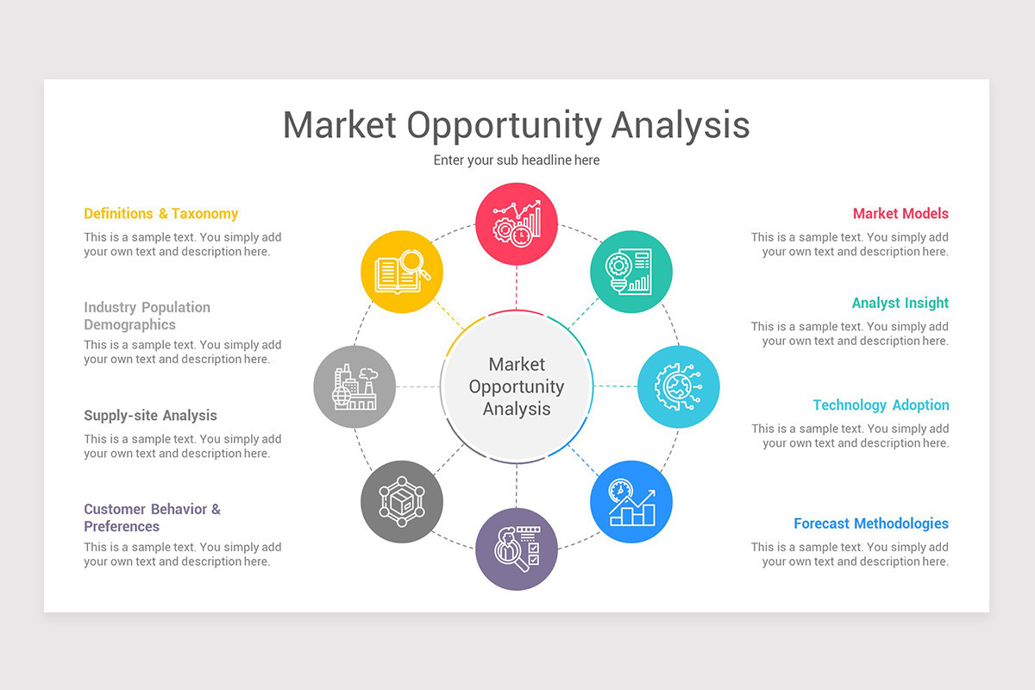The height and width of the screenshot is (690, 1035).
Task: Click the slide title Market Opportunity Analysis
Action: (x=516, y=125)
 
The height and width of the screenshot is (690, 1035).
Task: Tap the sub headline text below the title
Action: (x=516, y=160)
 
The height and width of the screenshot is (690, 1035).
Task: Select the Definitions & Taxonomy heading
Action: (x=160, y=214)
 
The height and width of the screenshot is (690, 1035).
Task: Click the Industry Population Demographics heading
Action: (x=147, y=316)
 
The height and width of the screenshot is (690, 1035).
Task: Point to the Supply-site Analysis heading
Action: (x=150, y=416)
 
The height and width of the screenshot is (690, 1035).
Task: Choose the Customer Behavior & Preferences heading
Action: (x=152, y=517)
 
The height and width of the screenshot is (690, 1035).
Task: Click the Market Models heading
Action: (x=900, y=214)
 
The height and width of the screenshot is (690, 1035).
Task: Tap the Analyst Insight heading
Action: (x=900, y=304)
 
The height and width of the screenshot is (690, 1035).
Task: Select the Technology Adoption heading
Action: (x=880, y=405)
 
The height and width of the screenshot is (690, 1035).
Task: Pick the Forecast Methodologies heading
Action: (x=870, y=524)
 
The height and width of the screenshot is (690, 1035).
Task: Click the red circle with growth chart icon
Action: (x=517, y=223)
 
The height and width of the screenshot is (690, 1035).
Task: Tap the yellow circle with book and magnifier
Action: (x=402, y=272)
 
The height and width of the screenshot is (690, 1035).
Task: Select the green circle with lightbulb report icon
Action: (x=631, y=272)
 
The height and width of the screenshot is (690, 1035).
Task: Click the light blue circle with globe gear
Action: (x=679, y=386)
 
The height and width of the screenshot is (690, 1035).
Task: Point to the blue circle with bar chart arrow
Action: (x=631, y=502)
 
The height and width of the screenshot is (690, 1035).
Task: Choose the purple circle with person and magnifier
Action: (x=517, y=549)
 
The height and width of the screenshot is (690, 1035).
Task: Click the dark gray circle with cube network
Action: (x=402, y=502)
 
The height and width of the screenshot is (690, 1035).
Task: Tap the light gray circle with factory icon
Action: (x=354, y=386)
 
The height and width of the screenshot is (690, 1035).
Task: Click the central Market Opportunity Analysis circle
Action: (x=517, y=386)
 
